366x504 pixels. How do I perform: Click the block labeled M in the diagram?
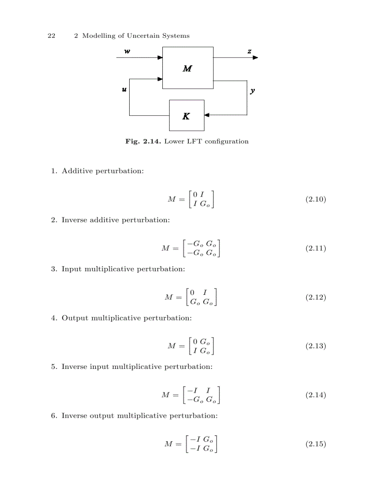[187, 68]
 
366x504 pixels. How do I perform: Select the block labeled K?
[186, 115]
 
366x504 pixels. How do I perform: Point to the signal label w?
[127, 51]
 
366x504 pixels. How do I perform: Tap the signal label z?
[249, 51]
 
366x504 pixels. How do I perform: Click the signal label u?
[124, 90]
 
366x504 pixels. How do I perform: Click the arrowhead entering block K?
[207, 115]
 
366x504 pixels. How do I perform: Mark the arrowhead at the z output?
[255, 57]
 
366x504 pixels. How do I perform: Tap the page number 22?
[52, 36]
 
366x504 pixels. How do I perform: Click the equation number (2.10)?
[315, 199]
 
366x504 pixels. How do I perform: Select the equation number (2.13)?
[315, 346]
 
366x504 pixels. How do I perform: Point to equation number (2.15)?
[315, 444]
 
